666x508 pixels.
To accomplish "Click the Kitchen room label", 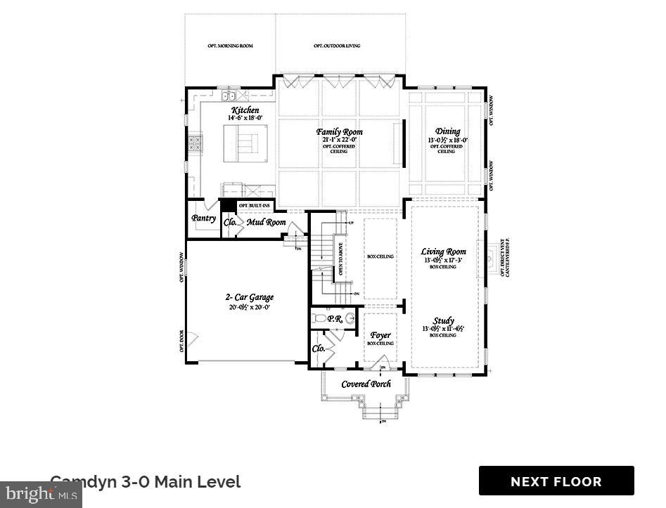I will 245,110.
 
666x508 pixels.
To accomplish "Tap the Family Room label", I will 339,131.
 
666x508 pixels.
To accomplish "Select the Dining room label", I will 448,131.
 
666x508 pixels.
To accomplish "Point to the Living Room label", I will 443,252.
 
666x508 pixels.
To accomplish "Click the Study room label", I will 443,320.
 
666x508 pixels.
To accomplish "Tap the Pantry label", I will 204,219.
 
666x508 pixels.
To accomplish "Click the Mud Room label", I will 266,223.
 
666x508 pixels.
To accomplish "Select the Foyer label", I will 380,335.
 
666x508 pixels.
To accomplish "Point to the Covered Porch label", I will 366,384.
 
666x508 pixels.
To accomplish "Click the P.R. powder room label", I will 335,318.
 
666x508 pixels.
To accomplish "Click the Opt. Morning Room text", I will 230,46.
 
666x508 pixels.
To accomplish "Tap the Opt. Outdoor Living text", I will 337,46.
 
